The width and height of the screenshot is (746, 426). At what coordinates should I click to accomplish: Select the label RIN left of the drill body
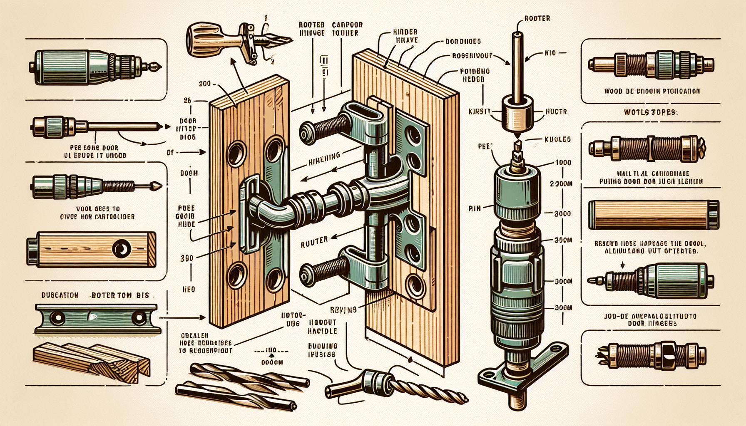coord(474,209)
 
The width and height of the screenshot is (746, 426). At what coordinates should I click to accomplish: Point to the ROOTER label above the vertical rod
coord(537,18)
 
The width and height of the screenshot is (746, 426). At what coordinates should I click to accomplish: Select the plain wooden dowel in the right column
coord(651,215)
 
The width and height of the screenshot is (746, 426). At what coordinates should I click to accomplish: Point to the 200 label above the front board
coord(204,84)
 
